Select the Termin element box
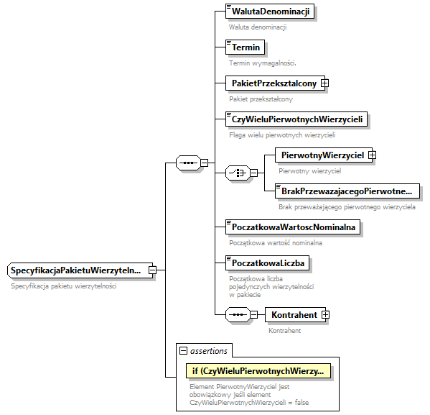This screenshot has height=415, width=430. pos(245,47)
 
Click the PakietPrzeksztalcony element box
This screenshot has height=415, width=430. pos(272,83)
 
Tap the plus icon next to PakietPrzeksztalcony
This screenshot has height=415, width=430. pos(324,83)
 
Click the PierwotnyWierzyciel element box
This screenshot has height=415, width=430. pos(320,155)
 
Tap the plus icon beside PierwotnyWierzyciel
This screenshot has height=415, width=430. pos(372,155)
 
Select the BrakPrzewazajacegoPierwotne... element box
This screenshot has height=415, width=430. pos(347,191)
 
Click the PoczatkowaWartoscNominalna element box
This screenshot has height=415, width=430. pos(294,227)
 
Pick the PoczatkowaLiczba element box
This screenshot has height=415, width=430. pos(266,263)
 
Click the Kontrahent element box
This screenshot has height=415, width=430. pos(293,314)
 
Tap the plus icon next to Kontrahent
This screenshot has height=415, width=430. pos(325,314)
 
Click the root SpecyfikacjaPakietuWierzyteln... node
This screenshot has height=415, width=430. pos(79,270)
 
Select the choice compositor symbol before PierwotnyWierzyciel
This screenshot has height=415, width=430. pos(236,173)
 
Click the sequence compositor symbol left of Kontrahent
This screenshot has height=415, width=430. pos(236,314)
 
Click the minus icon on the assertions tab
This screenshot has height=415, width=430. pos(184,351)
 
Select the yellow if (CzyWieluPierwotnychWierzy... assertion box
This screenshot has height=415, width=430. pos(257,371)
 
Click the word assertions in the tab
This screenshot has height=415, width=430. pos(209,351)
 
